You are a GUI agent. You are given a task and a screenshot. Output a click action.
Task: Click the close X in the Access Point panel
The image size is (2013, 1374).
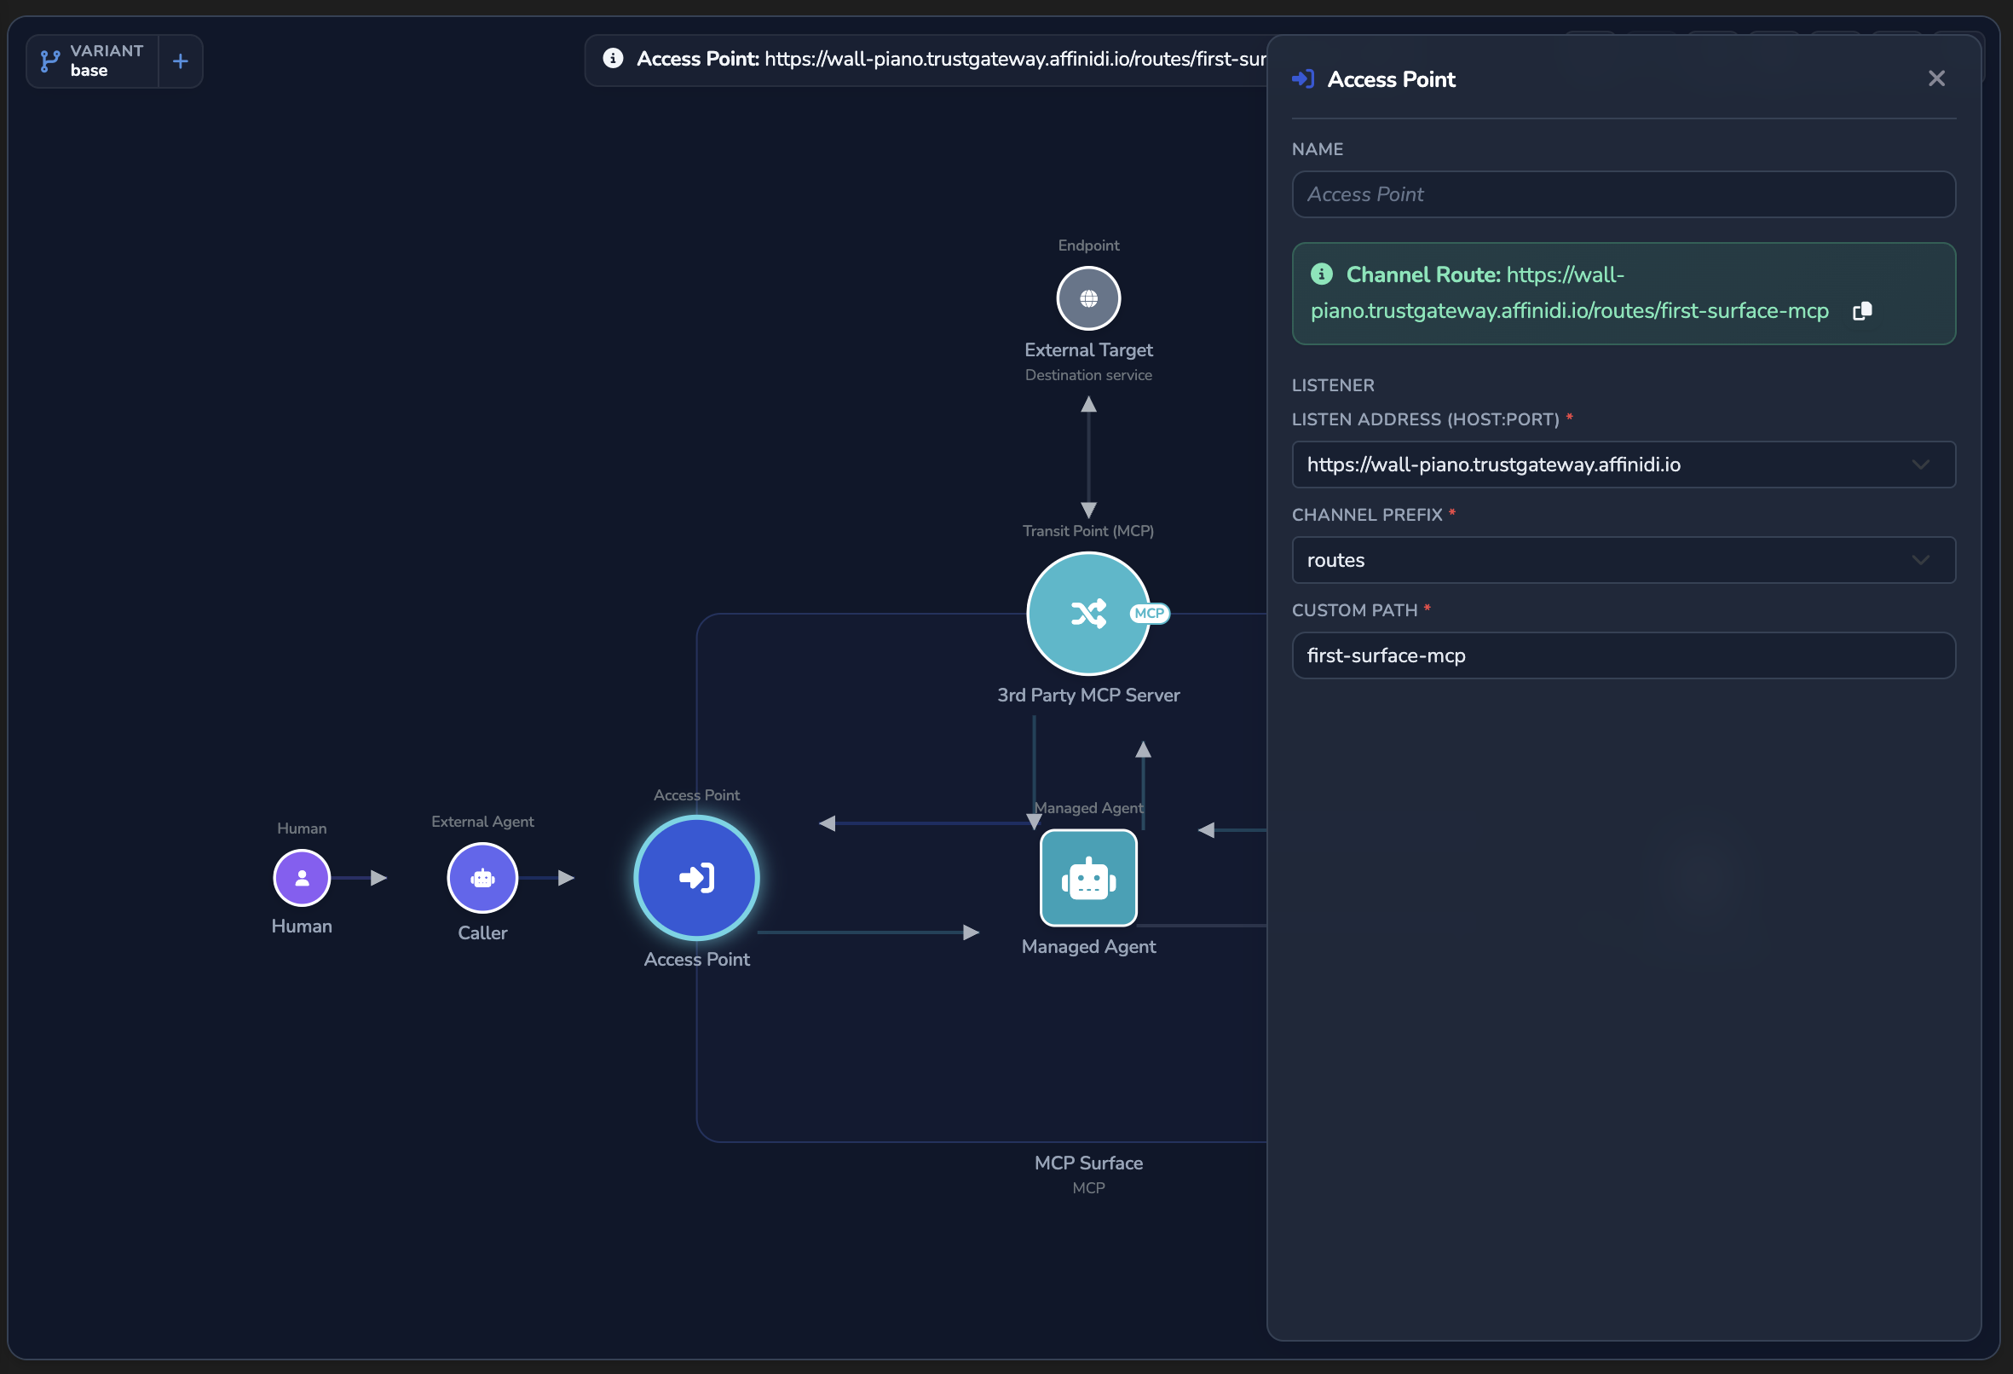click(x=1937, y=78)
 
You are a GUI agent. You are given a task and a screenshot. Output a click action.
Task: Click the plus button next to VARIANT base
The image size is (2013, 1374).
click(x=180, y=61)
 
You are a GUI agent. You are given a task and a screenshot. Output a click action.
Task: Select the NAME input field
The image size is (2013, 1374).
click(x=1624, y=194)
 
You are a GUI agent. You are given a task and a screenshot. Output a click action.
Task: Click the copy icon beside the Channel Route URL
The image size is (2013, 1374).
click(x=1862, y=311)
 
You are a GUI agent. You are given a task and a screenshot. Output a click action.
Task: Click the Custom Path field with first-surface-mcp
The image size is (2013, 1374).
click(x=1624, y=655)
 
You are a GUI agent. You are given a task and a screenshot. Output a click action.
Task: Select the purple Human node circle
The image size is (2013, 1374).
click(x=302, y=878)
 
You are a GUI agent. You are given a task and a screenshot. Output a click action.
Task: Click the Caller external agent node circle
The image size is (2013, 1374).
click(x=482, y=878)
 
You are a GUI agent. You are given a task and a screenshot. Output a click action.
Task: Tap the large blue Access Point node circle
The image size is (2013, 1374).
click(x=696, y=878)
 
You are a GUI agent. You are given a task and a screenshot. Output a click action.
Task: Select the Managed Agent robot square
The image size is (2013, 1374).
click(x=1089, y=878)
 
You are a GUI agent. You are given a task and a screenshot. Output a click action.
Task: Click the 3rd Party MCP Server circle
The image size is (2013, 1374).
click(x=1088, y=614)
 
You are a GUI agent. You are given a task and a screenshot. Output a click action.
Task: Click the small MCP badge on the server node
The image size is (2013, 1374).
click(x=1150, y=614)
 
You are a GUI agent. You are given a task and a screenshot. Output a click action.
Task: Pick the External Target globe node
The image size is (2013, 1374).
click(x=1089, y=298)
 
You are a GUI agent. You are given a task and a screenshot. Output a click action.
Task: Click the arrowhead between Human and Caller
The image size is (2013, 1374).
click(x=378, y=878)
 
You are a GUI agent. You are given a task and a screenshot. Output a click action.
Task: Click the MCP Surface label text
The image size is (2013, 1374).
click(x=1089, y=1163)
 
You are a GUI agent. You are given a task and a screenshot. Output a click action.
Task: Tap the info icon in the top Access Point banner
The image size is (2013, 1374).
click(x=614, y=58)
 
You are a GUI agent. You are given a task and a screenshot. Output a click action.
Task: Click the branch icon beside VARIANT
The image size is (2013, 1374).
click(x=50, y=61)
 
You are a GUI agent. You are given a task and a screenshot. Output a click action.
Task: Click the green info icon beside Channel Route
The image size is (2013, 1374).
click(x=1322, y=274)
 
